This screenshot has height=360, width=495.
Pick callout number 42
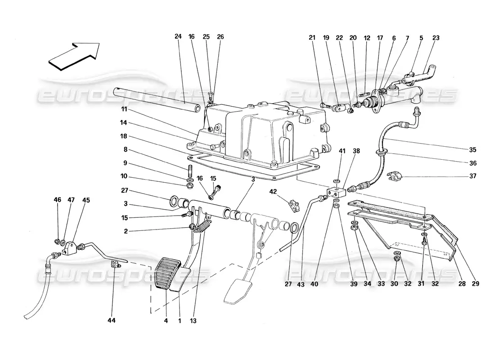(x=273, y=192)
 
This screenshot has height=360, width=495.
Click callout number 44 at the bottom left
(x=112, y=321)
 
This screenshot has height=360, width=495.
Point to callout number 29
(x=476, y=284)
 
